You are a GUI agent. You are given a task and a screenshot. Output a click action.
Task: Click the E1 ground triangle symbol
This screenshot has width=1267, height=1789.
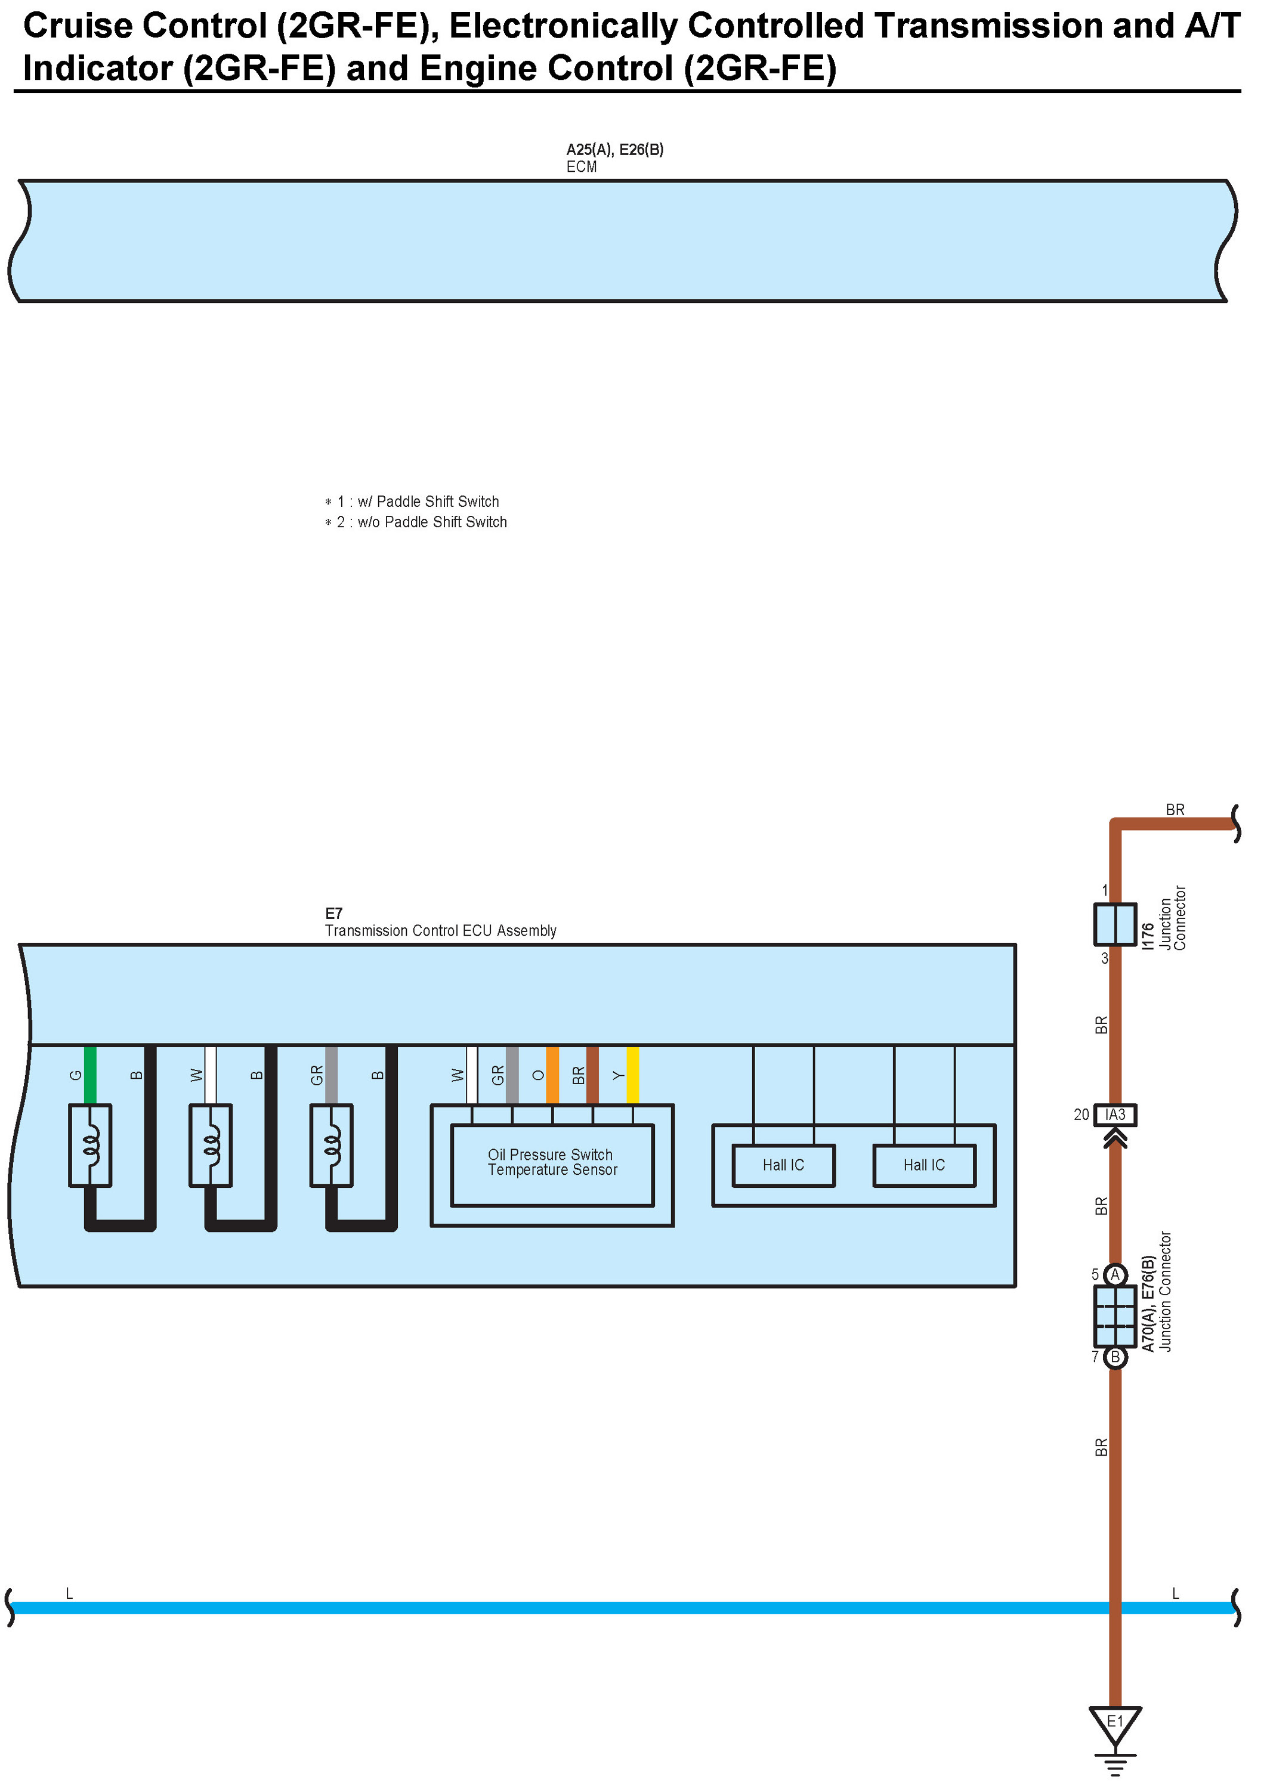[x=1115, y=1725]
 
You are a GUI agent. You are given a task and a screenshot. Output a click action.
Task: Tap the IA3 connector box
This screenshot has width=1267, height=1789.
[x=1115, y=1115]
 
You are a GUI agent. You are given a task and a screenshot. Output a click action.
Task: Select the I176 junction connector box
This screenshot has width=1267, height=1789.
[x=1115, y=924]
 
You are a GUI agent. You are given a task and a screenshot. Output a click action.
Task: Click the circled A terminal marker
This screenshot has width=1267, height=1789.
[x=1115, y=1275]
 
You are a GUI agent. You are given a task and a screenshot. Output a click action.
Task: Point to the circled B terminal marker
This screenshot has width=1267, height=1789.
[x=1115, y=1358]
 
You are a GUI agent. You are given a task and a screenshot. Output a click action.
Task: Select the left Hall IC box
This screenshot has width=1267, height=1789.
[x=783, y=1166]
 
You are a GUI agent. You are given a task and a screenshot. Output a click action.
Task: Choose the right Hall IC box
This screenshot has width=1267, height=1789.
[x=924, y=1166]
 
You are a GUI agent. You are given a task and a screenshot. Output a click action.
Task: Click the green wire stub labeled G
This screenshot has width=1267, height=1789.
[x=91, y=1075]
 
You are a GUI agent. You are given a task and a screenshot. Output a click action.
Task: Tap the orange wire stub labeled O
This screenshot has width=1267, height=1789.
[x=552, y=1075]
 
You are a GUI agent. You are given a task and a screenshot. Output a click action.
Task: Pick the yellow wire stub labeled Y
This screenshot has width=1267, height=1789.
[x=633, y=1075]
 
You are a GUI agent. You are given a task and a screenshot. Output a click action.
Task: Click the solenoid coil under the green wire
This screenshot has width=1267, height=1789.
[x=91, y=1145]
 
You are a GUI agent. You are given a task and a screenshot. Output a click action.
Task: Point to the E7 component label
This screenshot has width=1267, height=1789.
[x=334, y=913]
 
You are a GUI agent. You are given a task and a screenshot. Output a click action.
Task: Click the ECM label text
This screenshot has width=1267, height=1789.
[x=581, y=167]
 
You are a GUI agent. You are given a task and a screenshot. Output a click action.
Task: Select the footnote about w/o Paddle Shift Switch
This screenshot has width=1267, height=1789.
[x=421, y=522]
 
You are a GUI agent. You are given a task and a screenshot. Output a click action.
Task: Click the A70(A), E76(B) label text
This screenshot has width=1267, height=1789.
[x=1148, y=1303]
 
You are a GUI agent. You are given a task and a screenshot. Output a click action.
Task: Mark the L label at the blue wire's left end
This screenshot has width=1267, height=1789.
[x=69, y=1594]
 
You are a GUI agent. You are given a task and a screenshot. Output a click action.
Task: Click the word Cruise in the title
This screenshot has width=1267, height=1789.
[x=78, y=26]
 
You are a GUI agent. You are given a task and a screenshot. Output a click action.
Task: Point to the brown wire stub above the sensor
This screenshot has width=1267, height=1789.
[x=593, y=1075]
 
